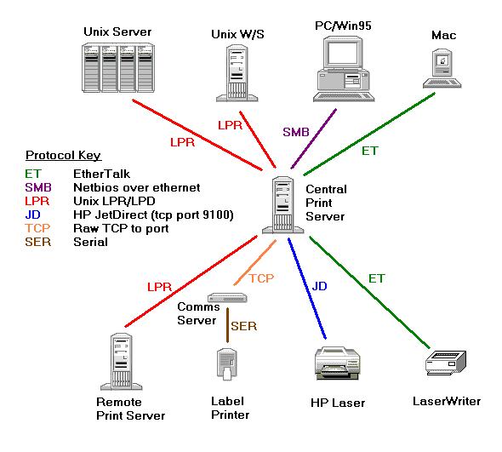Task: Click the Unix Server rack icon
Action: pos(118,68)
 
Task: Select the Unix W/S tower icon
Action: pos(237,73)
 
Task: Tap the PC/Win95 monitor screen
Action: pos(343,53)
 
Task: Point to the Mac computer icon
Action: pos(442,68)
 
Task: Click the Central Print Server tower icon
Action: pos(283,205)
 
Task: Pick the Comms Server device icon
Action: pos(227,298)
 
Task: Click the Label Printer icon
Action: pos(227,364)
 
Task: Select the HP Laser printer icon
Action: pos(338,363)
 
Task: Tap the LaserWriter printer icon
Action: pos(446,363)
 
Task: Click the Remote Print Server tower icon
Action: pos(122,362)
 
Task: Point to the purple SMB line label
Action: pos(296,132)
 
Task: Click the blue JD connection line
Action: pos(307,289)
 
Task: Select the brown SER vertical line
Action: pos(228,325)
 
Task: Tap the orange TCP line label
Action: pos(261,278)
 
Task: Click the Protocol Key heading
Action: pos(64,156)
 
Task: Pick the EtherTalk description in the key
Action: pos(101,174)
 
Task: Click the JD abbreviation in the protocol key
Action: pos(32,215)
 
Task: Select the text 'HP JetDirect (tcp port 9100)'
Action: pos(153,215)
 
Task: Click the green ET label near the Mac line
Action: pos(370,151)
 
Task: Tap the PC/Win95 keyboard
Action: pos(344,97)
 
